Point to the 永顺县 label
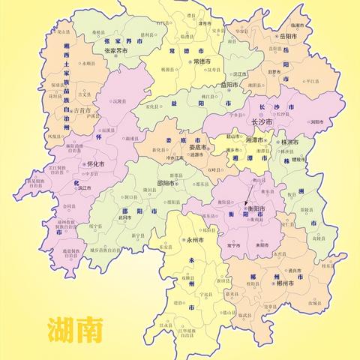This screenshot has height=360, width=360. pyautogui.click(x=88, y=64)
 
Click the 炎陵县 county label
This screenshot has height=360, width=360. pyautogui.click(x=328, y=232)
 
